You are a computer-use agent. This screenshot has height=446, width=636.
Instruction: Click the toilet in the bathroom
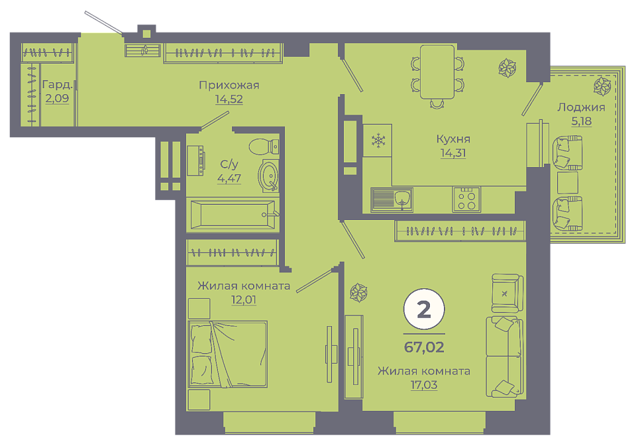(264, 146)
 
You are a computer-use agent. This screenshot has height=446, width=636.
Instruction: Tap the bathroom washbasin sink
(268, 176)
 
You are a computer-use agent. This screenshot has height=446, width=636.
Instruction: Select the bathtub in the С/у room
(233, 215)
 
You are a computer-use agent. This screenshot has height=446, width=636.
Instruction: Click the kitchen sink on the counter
(392, 199)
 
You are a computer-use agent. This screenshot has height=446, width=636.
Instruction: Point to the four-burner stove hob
(466, 199)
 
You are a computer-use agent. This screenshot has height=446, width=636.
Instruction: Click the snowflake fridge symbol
(378, 140)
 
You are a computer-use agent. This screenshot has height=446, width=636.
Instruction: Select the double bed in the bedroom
(227, 354)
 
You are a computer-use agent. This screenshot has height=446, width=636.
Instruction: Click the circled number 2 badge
(424, 309)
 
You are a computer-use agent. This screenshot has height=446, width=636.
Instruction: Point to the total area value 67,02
(424, 347)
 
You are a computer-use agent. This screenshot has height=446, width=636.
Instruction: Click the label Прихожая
(229, 85)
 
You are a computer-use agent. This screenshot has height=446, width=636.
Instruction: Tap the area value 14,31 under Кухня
(453, 152)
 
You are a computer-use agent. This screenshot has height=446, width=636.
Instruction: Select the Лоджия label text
(581, 107)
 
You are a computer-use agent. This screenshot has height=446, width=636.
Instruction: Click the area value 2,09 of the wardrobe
(57, 98)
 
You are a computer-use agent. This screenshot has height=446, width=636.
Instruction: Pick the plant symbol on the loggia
(602, 86)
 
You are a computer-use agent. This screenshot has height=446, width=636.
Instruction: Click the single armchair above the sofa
(507, 293)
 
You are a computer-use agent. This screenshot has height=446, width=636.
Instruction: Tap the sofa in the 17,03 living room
(505, 357)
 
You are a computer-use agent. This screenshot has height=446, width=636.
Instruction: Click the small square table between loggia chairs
(568, 183)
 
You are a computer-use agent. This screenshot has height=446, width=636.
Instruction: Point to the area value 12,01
(243, 300)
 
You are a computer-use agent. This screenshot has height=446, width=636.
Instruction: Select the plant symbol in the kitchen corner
(507, 68)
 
